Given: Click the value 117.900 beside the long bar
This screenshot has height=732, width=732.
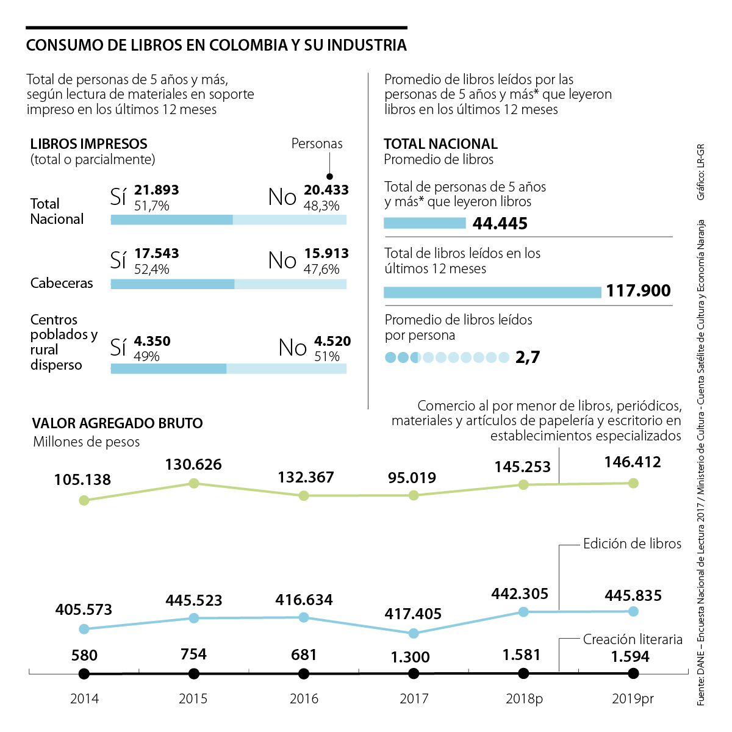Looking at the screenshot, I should coord(638,291).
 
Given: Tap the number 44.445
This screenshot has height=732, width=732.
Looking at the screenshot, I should coord(500,223).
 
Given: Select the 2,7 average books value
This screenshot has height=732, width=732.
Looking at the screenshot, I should coord(528,357).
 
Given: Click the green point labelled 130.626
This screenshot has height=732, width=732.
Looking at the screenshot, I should coord(194,483).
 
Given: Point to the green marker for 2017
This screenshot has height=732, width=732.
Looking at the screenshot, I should coord(414,495).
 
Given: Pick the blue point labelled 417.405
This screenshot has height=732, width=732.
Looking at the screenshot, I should coord(414,633).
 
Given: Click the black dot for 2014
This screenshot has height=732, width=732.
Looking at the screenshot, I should coord(84,674).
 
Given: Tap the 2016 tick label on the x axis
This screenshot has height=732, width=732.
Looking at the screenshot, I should coord(304,699).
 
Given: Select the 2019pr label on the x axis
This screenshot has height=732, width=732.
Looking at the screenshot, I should coord(633,699).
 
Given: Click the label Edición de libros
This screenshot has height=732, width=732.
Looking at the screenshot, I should coord(632,544).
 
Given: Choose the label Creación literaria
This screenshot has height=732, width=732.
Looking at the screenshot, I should coord(633,639).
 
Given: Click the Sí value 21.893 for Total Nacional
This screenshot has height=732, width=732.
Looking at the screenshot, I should coord(157,190).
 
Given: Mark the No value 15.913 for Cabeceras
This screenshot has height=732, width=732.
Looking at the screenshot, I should coord(326,253).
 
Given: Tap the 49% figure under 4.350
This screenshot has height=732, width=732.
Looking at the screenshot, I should coord(146,356).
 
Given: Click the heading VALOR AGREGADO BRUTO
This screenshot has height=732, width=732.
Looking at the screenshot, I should coord(117,423).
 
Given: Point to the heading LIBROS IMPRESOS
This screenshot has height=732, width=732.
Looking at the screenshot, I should coord(89,144).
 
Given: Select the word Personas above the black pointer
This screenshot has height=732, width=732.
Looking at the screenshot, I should coord(317,144).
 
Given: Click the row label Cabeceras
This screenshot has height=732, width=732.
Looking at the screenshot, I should coord(62,283).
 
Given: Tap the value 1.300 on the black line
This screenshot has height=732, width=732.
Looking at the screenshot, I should coord(411,657).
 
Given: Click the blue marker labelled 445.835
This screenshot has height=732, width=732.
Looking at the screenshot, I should coord(633,611).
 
